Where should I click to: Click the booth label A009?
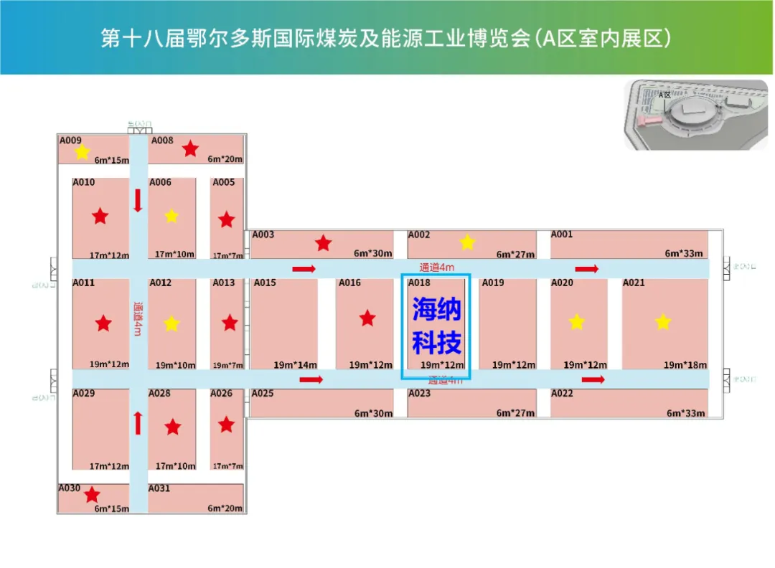[70, 141]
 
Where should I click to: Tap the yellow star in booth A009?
[82, 152]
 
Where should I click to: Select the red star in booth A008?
[190, 149]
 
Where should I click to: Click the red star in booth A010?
[100, 215]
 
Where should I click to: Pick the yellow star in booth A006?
[172, 216]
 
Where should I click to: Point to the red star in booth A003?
[324, 243]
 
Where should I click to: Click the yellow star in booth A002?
[467, 242]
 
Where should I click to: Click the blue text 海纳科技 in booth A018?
[436, 326]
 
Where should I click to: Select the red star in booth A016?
[367, 318]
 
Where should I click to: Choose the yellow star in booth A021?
[662, 322]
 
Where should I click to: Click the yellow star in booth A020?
[577, 322]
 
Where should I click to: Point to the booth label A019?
[493, 283]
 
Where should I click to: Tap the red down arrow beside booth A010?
[138, 200]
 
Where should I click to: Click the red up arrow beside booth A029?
[138, 423]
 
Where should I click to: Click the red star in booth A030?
[92, 495]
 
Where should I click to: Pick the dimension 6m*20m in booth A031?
[225, 508]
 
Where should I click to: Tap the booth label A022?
[562, 393]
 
